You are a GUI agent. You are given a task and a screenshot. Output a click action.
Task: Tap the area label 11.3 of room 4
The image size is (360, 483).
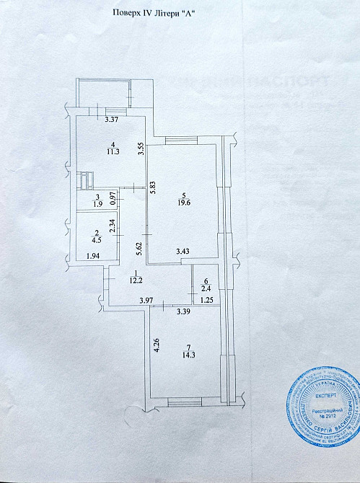pyautogui.click(x=113, y=152)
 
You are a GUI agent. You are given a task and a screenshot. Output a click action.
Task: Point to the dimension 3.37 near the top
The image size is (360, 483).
pyautogui.click(x=111, y=120)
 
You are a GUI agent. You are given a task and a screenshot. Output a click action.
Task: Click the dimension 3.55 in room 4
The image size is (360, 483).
pyautogui.click(x=142, y=149)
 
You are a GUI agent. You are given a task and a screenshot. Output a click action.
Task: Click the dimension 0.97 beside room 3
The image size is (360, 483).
pyautogui.click(x=112, y=197)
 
